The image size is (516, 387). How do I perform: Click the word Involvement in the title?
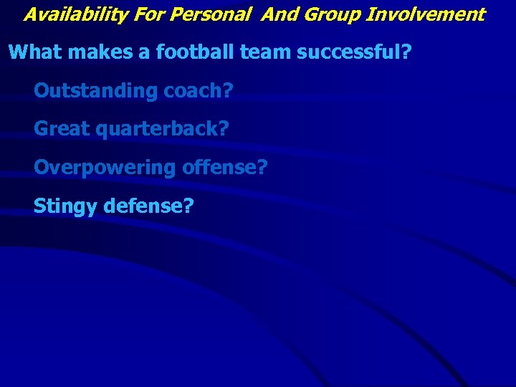point(426,14)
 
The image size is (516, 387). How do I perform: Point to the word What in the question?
point(33,52)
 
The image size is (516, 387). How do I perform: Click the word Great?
point(60,129)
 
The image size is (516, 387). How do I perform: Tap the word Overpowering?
point(105,168)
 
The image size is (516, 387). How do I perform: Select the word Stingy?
point(66,207)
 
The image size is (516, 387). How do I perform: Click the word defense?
point(146,206)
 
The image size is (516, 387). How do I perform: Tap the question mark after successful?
point(406,52)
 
